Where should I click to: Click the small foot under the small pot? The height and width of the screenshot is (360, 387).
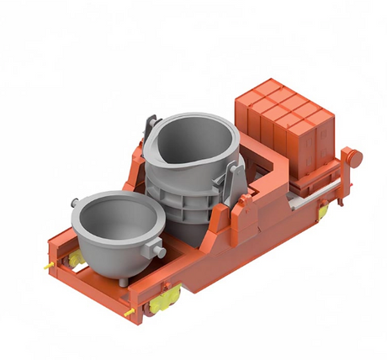[125, 280]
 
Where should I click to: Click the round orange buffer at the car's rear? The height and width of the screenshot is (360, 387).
[354, 156]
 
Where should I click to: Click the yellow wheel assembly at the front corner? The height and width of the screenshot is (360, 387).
[165, 296]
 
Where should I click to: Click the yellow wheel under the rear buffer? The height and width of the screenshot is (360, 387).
[325, 210]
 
